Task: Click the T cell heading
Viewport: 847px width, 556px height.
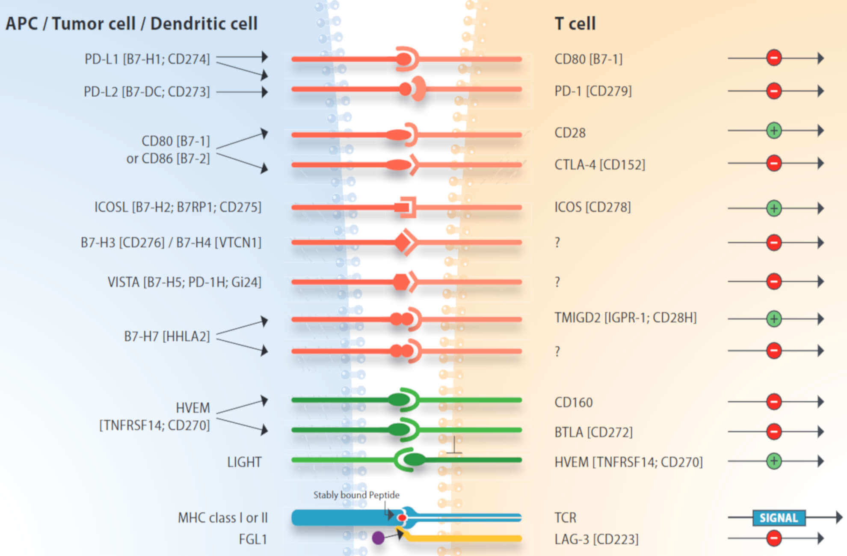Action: click(575, 24)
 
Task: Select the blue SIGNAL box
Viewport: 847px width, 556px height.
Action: click(779, 518)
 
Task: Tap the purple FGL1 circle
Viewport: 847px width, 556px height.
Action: click(378, 538)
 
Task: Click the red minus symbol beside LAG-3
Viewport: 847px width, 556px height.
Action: click(774, 538)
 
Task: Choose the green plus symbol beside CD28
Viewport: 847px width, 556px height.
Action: click(774, 131)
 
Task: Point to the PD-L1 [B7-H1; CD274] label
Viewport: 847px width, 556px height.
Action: click(147, 59)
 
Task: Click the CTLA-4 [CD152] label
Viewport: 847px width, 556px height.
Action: click(599, 165)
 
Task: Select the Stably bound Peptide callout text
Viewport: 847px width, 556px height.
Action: click(356, 495)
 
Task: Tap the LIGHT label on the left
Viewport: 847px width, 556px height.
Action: click(244, 462)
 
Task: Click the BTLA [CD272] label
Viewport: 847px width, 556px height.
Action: click(593, 432)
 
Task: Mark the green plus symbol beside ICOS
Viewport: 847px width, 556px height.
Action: click(774, 208)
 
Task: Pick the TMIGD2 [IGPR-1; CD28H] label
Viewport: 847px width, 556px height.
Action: click(625, 318)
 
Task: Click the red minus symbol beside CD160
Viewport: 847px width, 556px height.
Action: click(774, 401)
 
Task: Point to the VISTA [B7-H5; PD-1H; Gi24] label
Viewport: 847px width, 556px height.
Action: click(184, 282)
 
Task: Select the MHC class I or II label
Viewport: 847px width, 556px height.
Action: click(222, 518)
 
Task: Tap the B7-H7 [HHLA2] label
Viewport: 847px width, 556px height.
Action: click(167, 336)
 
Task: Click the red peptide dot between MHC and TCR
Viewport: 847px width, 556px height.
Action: click(402, 518)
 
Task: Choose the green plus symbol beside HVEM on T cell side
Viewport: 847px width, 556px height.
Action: click(774, 461)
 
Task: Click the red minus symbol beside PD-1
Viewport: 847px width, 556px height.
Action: click(774, 91)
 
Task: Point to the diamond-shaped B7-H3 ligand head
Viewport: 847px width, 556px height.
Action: click(403, 242)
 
